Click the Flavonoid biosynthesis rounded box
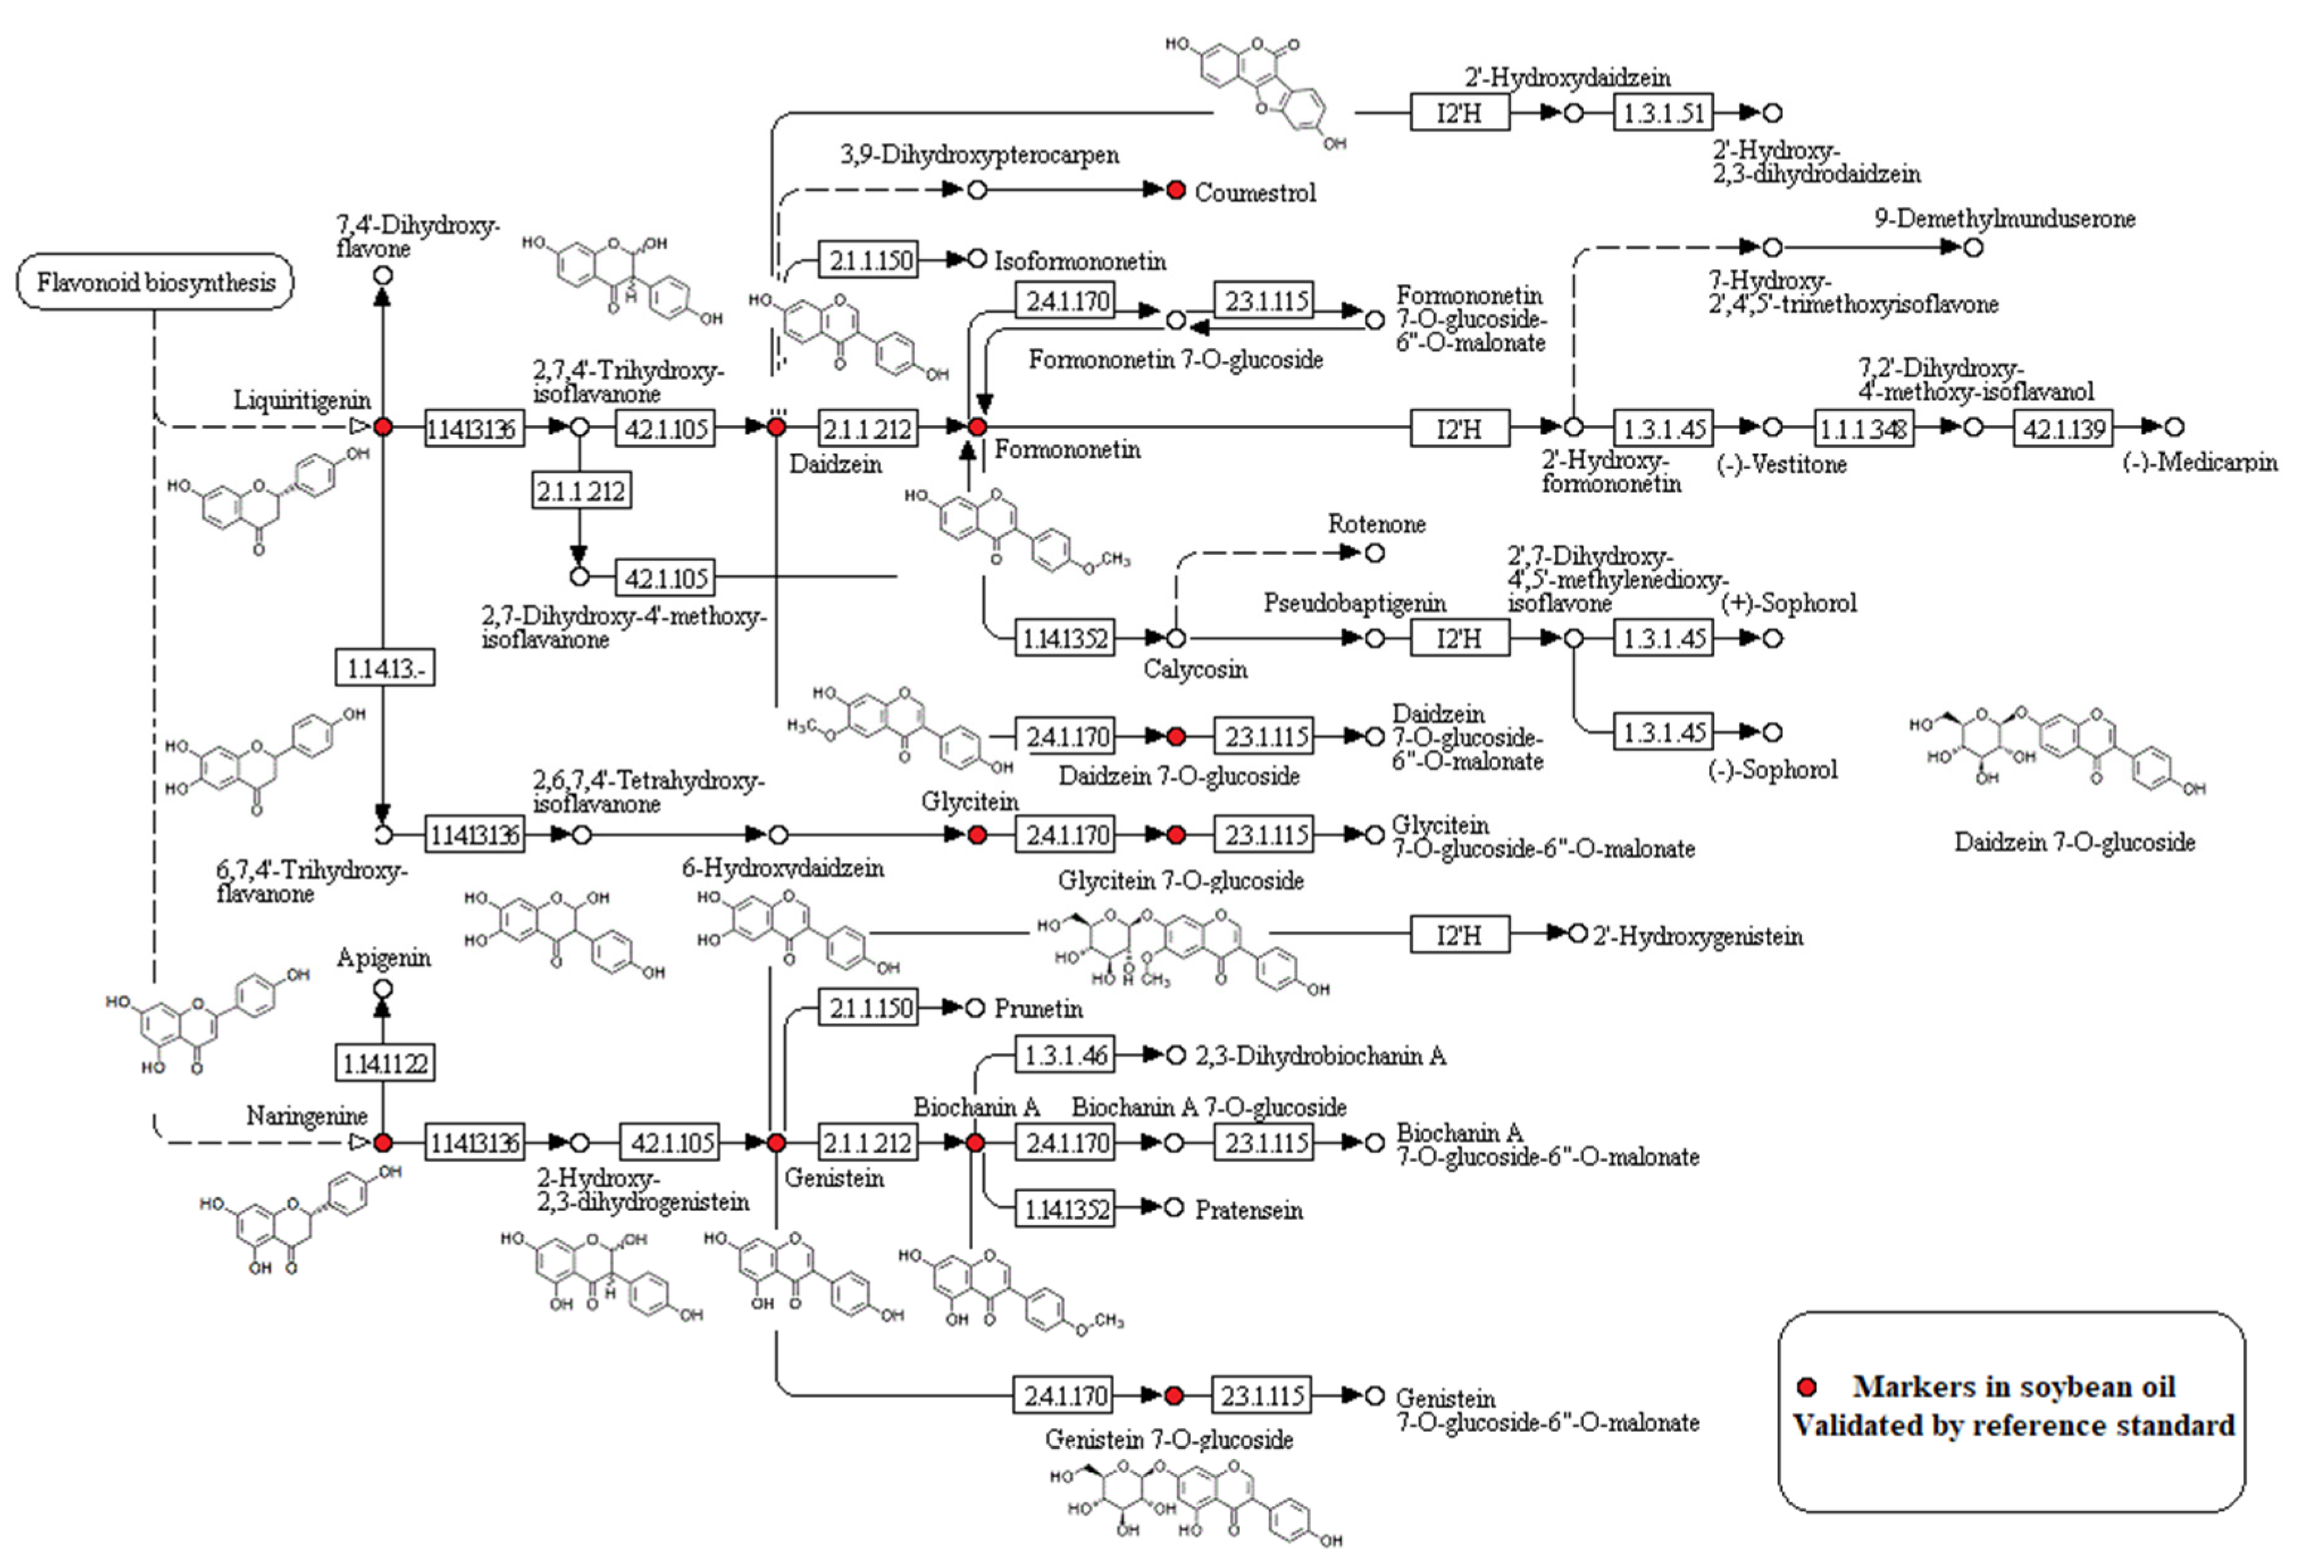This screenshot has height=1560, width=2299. pyautogui.click(x=156, y=282)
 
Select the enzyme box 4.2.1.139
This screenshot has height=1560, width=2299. pyautogui.click(x=2063, y=428)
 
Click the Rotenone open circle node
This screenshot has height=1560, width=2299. pyautogui.click(x=1374, y=553)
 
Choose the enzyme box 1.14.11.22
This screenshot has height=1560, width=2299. pyautogui.click(x=384, y=1064)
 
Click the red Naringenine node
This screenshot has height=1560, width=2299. pyautogui.click(x=384, y=1142)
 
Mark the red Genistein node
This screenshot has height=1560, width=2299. pyautogui.click(x=777, y=1142)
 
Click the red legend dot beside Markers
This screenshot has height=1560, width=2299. pyautogui.click(x=1806, y=1386)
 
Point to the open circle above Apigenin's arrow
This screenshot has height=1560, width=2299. pyautogui.click(x=383, y=988)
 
